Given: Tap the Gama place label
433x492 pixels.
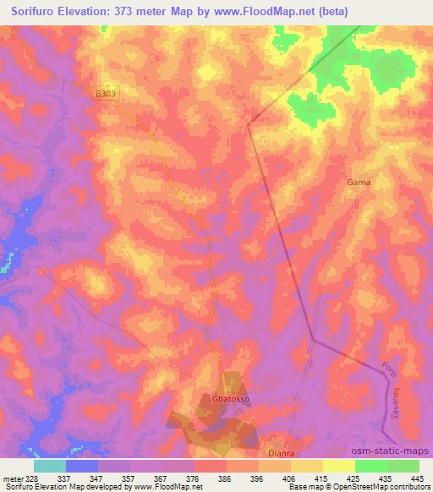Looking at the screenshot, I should click(x=359, y=182).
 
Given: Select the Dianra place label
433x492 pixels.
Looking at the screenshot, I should click(x=280, y=451).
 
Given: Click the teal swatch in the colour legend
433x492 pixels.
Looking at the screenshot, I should click(x=50, y=465).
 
